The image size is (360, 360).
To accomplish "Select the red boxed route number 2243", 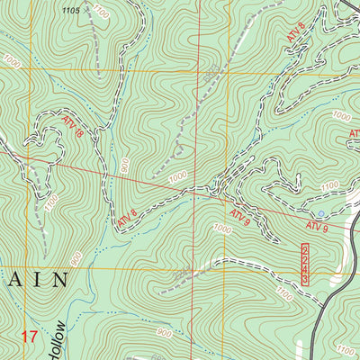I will pos(306,264).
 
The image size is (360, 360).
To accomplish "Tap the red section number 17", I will pos(29,337).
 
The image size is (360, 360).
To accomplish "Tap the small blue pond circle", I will pos(322,213).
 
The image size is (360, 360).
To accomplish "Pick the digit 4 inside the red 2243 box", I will pos(306,271).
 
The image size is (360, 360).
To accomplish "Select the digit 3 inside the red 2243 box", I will pos(306,280).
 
